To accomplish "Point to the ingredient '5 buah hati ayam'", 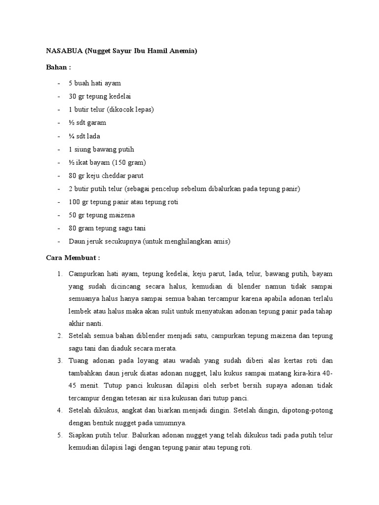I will (95, 83).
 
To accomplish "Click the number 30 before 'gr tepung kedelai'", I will (73, 96).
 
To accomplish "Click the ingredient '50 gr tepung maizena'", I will (102, 216).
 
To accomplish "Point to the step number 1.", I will (59, 274).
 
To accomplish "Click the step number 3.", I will (59, 361).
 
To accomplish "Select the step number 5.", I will (59, 435).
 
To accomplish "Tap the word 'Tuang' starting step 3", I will (78, 361).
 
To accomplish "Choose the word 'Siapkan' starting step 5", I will (81, 435).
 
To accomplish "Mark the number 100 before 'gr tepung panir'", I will (74, 202).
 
